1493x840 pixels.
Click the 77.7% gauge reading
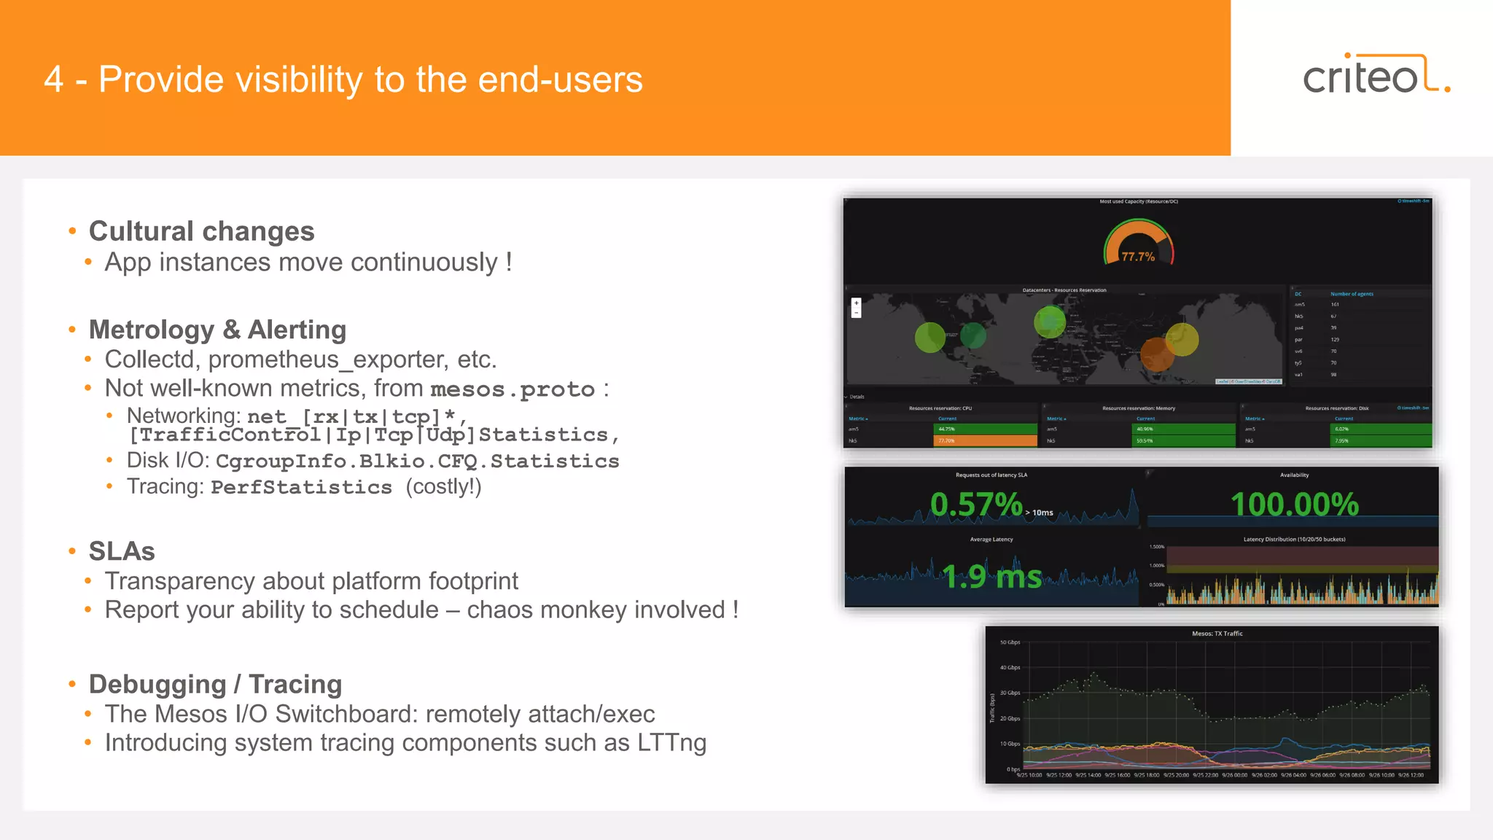(1137, 257)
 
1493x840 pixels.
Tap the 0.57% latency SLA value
(976, 505)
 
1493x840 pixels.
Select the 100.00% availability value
(1294, 505)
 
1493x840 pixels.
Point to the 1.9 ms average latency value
(991, 577)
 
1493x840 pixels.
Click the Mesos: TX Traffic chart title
(1217, 634)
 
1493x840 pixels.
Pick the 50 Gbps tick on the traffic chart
(1010, 642)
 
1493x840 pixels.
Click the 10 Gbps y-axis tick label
(1010, 744)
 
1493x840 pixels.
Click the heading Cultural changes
(201, 231)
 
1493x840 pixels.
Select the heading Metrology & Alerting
(217, 330)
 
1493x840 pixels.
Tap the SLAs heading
(122, 551)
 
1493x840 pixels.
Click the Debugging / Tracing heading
(215, 685)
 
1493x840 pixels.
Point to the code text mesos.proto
(512, 389)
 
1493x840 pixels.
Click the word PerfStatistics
(301, 487)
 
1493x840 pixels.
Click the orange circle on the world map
(1156, 354)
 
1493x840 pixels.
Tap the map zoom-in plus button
(857, 303)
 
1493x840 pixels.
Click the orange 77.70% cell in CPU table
(984, 440)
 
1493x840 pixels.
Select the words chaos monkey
(547, 610)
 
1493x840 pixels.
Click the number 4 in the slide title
(53, 79)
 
